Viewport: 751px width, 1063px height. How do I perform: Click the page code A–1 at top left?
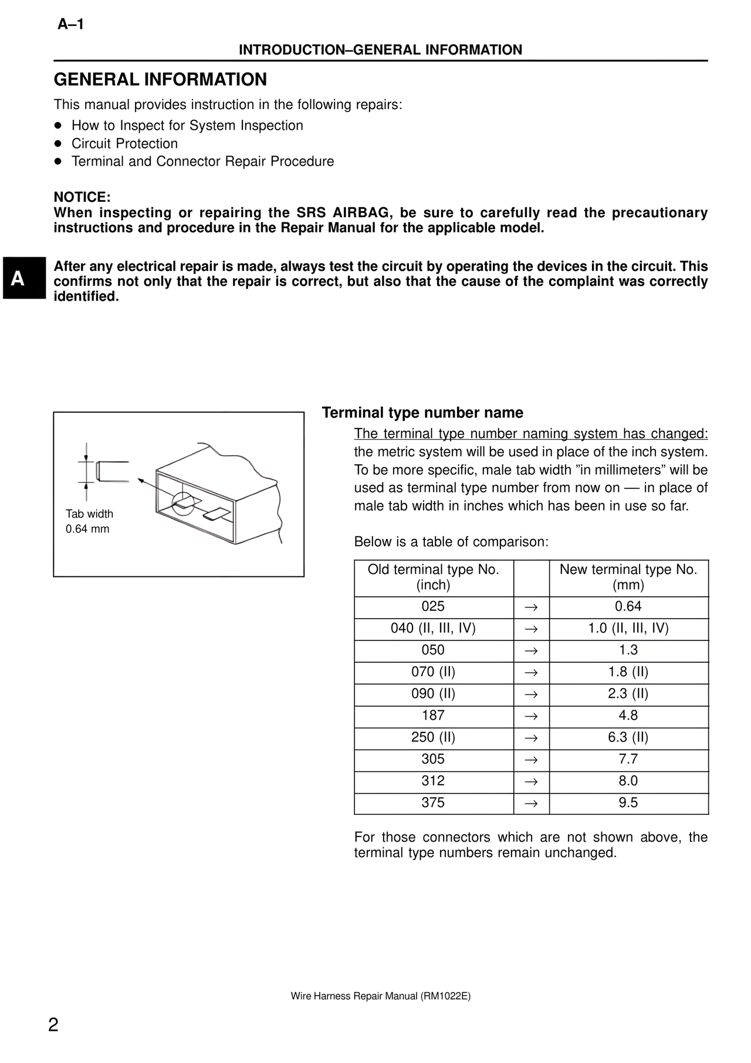click(70, 25)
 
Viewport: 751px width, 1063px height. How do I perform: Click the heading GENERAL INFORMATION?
click(160, 80)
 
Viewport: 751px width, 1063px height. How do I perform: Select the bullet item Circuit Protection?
click(124, 144)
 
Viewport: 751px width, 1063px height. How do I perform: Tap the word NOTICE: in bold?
click(82, 197)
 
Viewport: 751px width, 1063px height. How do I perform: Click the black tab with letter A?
click(23, 278)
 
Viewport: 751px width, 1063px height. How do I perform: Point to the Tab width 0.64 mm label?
click(89, 521)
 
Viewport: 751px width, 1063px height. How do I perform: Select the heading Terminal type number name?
click(422, 413)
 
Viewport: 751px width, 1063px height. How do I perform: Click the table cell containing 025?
click(433, 607)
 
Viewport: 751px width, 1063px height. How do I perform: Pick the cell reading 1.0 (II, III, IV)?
click(628, 629)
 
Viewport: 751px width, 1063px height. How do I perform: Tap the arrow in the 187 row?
click(531, 716)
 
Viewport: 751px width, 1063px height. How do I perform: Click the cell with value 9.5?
click(628, 803)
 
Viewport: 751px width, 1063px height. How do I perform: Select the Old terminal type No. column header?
click(433, 577)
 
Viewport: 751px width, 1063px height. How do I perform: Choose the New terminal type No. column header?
click(628, 577)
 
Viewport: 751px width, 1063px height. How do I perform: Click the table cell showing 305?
click(433, 760)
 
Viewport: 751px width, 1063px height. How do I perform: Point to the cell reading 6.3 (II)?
click(628, 738)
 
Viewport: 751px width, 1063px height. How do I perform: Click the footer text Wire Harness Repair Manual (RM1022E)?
click(381, 996)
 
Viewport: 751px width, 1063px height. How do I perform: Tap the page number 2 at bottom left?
click(53, 1025)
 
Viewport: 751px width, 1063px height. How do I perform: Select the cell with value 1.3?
click(628, 650)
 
